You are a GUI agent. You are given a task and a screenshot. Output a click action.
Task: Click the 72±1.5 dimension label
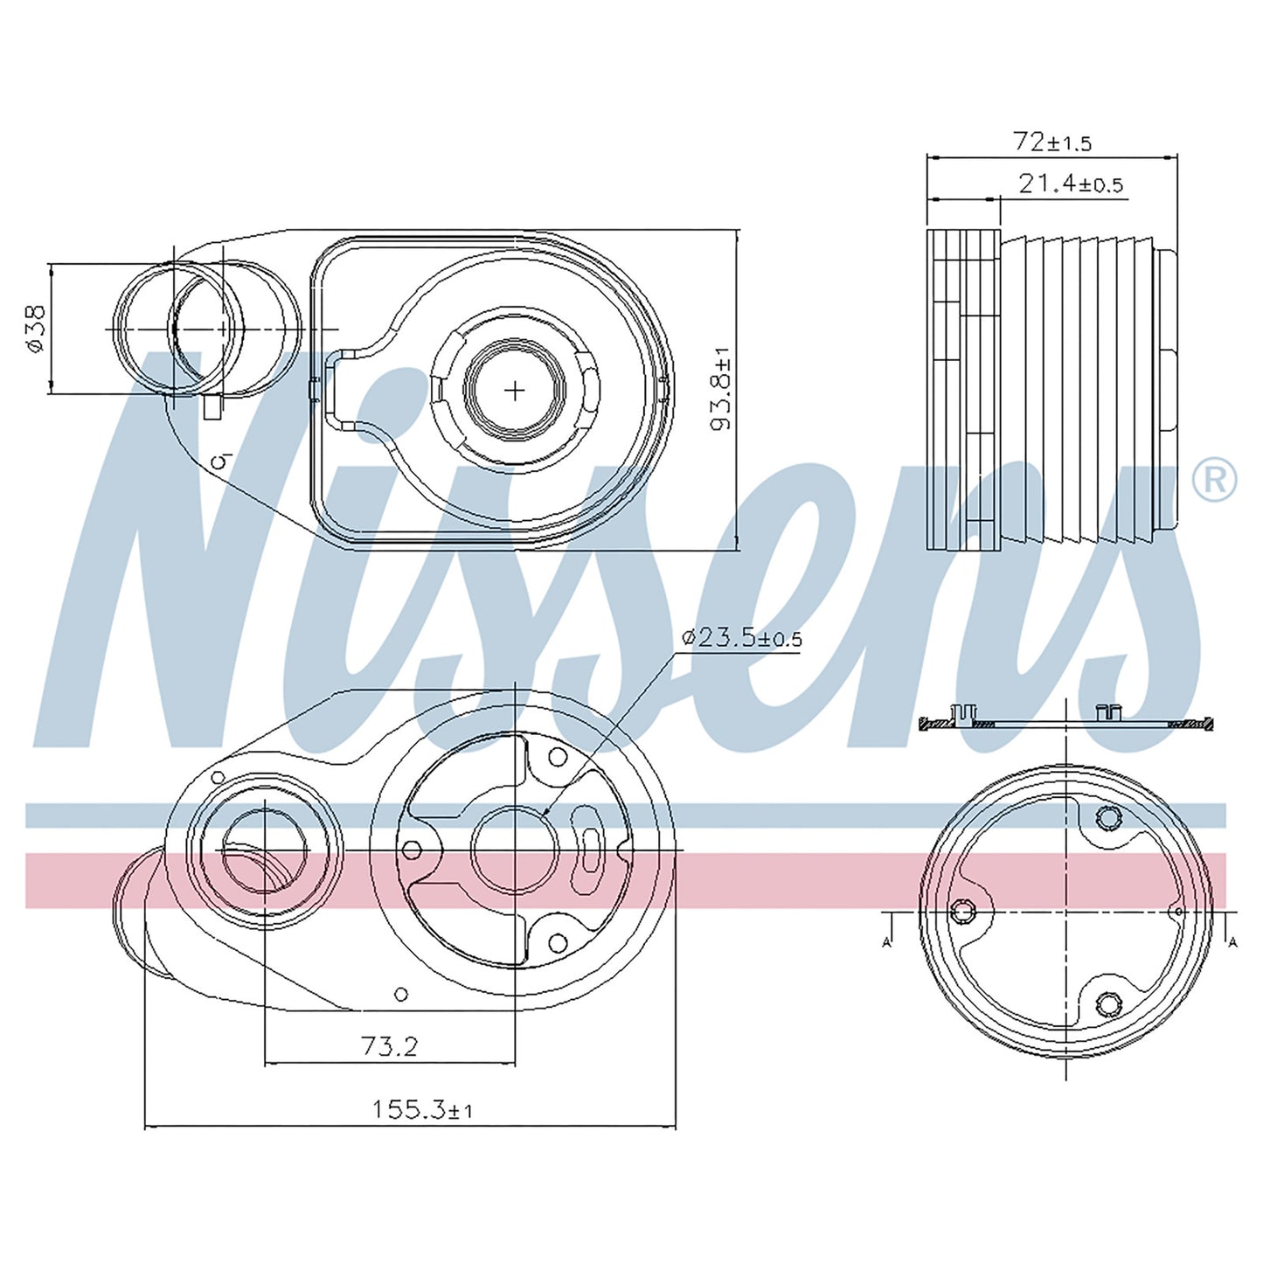point(1052,142)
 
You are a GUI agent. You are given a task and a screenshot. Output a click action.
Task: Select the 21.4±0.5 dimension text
point(1071,184)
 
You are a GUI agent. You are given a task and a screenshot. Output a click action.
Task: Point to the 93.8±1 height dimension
point(720,389)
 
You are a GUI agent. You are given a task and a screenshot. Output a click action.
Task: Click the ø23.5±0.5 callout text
point(741,637)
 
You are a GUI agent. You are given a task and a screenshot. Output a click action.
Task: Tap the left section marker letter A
point(887,942)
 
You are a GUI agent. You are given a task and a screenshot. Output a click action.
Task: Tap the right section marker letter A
point(1233,942)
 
